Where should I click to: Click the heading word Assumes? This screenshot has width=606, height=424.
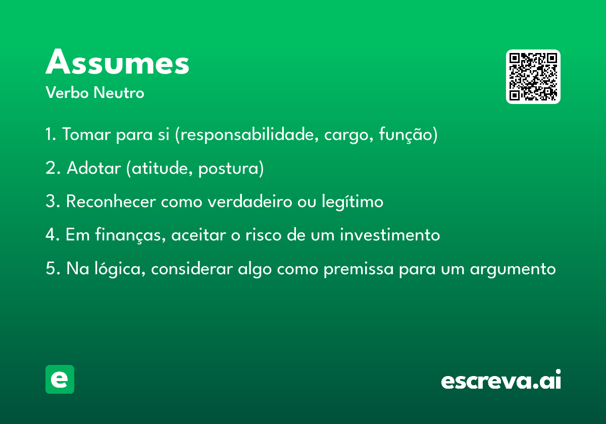click(x=117, y=62)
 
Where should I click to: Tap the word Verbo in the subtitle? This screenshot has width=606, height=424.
click(x=67, y=92)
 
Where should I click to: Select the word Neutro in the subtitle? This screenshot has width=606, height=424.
click(x=119, y=92)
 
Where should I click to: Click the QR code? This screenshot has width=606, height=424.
click(x=533, y=77)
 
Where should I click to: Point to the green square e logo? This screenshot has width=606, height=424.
click(x=60, y=379)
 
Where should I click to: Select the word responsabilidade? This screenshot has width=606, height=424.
click(x=249, y=134)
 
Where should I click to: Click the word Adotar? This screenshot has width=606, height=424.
click(x=93, y=168)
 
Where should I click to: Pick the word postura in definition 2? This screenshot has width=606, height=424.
click(x=228, y=169)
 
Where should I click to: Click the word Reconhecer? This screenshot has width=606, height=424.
click(x=111, y=201)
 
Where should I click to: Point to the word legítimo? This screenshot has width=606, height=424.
click(x=352, y=202)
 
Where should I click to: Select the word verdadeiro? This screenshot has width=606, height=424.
click(x=250, y=201)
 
